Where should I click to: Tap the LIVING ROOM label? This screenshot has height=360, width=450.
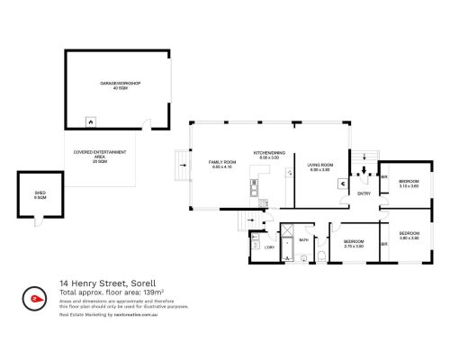coord(319,165)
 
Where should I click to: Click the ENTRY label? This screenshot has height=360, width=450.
coord(364,193)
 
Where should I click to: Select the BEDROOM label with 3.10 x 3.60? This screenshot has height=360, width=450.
coord(409,180)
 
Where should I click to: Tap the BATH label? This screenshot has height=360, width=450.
coord(304,240)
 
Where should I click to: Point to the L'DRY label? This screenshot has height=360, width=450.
coord(269,247)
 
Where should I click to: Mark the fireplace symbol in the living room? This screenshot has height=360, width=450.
coord(341,182)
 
